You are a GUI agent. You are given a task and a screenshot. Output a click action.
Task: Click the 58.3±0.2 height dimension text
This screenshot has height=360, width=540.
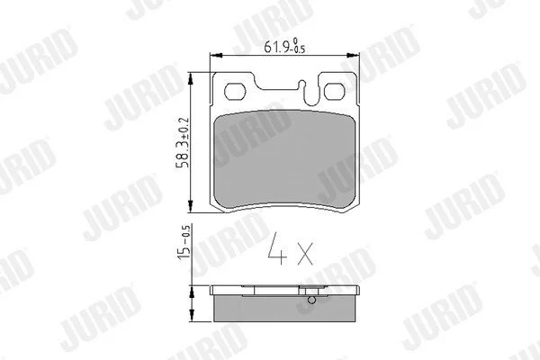(x=183, y=142)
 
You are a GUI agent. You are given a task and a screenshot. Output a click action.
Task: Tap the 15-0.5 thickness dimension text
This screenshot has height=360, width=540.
(x=184, y=242)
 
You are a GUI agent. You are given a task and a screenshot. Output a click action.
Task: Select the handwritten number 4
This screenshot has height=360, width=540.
(x=277, y=248)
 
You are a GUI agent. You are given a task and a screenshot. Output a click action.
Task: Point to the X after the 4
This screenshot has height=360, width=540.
(x=305, y=254)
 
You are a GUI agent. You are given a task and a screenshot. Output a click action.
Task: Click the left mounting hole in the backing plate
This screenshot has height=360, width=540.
(x=235, y=92)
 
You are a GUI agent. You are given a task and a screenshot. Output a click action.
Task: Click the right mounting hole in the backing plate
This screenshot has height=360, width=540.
(x=335, y=91)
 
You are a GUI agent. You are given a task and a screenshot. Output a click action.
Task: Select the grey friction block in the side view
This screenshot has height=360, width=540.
(x=284, y=309)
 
